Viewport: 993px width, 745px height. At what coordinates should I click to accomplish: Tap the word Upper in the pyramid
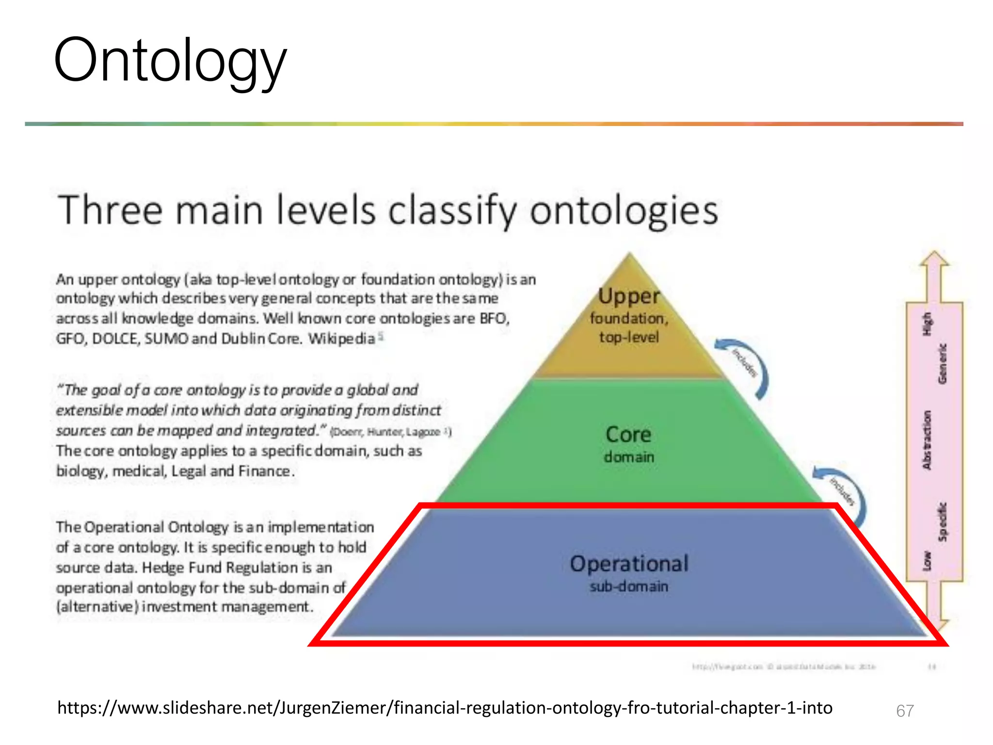(629, 296)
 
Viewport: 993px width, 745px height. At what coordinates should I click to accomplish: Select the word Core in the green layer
(628, 434)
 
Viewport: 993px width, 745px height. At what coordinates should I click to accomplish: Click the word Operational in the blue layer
(629, 564)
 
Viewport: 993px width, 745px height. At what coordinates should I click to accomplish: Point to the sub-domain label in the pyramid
(629, 586)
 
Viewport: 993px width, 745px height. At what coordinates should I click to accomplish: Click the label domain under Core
(629, 457)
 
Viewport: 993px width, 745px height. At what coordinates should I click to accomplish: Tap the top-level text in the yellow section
(629, 337)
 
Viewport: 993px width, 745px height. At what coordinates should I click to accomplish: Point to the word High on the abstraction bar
(927, 324)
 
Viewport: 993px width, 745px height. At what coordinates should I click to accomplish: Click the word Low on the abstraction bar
(927, 561)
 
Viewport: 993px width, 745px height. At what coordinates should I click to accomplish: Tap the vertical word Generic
(942, 364)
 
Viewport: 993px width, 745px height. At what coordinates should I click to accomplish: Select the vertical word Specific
(942, 521)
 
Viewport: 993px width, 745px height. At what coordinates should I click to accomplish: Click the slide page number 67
(905, 711)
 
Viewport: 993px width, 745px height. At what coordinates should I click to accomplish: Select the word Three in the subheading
(110, 211)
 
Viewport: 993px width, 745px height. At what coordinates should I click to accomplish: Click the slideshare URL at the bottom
(445, 708)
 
